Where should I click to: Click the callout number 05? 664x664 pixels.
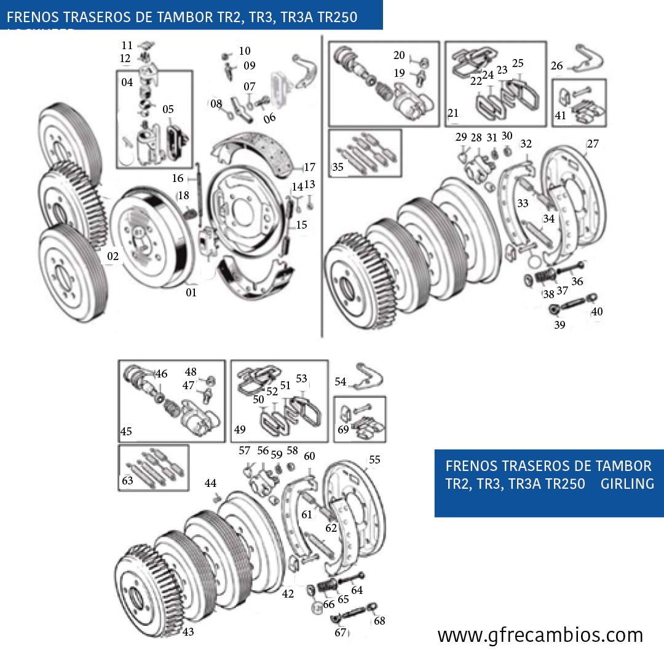tap(168, 109)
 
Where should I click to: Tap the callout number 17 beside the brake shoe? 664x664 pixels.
tap(309, 167)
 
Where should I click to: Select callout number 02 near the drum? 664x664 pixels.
tap(113, 256)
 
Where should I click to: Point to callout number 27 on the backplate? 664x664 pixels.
tap(593, 144)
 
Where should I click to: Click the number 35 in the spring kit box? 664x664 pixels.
tap(338, 167)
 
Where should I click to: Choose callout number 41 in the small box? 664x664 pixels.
tap(560, 115)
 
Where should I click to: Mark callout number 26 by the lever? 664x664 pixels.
tap(556, 66)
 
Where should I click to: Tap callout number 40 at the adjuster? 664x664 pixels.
tap(596, 312)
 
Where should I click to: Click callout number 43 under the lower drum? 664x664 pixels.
tap(188, 632)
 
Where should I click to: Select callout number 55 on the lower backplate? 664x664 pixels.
tap(374, 459)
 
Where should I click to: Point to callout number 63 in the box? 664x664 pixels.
tap(127, 481)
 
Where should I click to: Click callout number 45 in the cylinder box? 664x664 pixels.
tap(126, 432)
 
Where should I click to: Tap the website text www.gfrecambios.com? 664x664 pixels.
tap(540, 634)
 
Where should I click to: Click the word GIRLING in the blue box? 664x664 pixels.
tap(627, 484)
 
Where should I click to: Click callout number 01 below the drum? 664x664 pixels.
tap(191, 293)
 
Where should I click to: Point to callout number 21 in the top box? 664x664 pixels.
tap(454, 113)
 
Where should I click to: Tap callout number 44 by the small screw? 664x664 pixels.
tap(211, 483)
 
